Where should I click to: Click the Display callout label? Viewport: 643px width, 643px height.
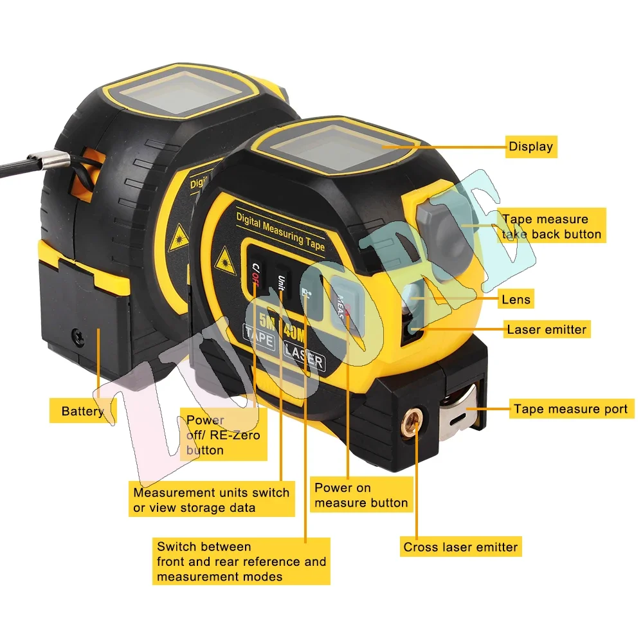pos(530,147)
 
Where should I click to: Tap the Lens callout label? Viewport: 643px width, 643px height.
pos(516,299)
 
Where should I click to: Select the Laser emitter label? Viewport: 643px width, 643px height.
pos(547,330)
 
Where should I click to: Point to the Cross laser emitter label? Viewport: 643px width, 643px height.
pos(460,548)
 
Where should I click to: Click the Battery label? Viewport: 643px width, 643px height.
pos(82,411)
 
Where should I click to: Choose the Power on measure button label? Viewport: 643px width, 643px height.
pos(361,495)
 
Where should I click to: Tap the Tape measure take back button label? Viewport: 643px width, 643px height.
pos(552,227)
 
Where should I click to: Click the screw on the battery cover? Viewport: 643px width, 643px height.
pos(78,334)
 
